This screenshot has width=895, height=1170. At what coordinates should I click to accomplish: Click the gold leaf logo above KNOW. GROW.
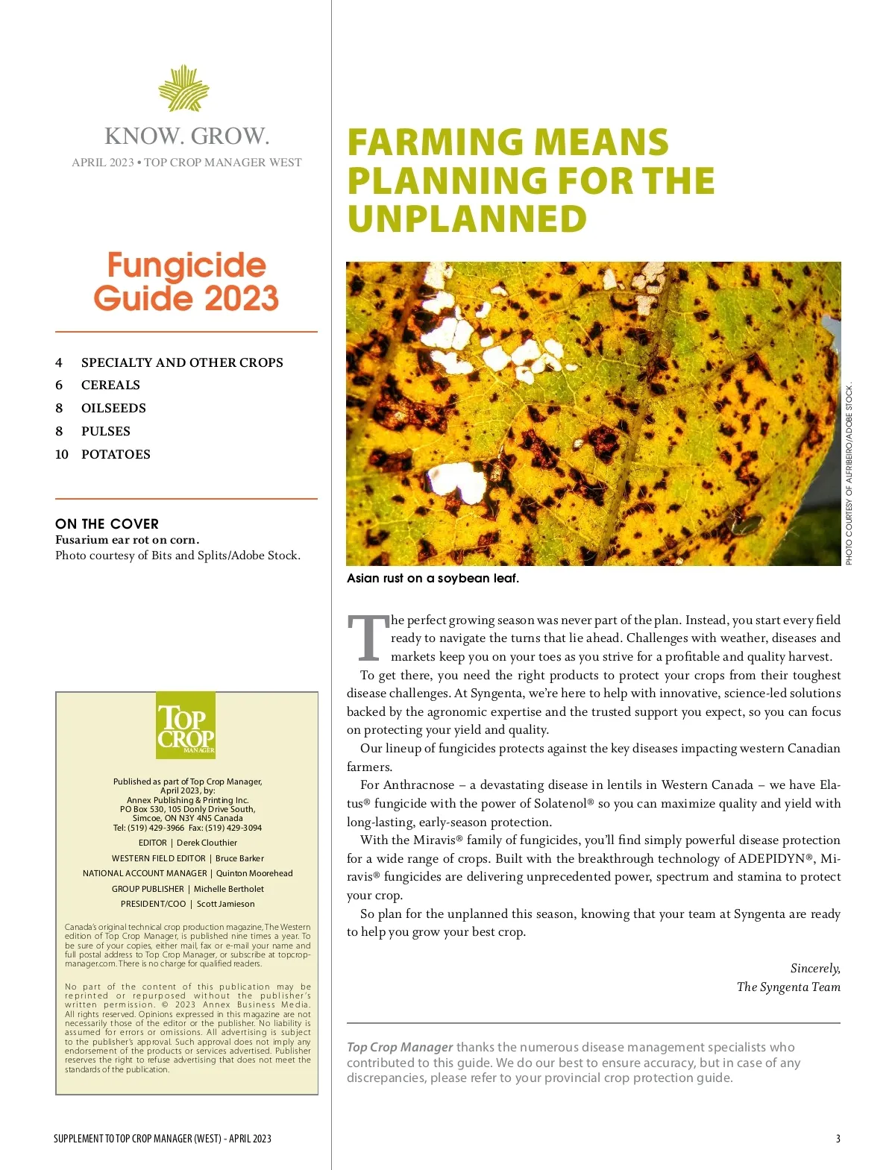click(183, 89)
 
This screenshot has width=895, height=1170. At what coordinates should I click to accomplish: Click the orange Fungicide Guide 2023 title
click(186, 282)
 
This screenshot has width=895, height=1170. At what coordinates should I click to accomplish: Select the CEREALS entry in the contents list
click(110, 385)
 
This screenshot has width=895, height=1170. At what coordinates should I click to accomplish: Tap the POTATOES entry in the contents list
click(116, 454)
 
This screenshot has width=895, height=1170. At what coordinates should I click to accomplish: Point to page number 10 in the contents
click(62, 454)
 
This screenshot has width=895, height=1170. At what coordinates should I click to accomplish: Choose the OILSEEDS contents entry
click(113, 408)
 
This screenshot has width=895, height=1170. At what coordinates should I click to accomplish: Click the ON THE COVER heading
click(107, 523)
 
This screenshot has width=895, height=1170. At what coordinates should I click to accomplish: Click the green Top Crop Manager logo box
click(186, 726)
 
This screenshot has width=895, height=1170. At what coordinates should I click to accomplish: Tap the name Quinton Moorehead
click(254, 873)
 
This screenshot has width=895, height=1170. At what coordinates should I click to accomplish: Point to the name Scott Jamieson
click(225, 904)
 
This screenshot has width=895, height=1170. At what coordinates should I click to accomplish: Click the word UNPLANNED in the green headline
click(467, 219)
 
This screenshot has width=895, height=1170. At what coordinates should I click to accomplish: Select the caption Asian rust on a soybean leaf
click(433, 578)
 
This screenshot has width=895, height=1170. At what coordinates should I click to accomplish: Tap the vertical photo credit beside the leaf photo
click(849, 474)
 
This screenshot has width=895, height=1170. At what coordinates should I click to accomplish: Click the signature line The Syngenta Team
click(788, 987)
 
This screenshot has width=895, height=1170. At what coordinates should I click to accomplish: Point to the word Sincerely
click(815, 968)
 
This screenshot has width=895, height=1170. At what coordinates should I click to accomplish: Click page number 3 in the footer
click(838, 1139)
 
